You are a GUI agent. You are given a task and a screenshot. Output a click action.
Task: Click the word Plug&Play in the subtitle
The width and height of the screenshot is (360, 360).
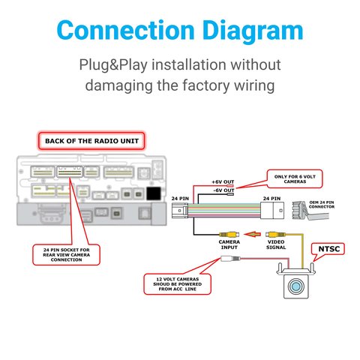click(113, 65)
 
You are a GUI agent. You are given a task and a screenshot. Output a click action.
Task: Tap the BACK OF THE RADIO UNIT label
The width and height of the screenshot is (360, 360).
click(91, 141)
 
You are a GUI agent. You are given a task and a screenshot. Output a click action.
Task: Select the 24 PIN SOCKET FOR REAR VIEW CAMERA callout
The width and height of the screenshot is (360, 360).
click(66, 255)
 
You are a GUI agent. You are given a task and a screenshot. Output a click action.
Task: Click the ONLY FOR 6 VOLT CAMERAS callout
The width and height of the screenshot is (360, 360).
click(295, 179)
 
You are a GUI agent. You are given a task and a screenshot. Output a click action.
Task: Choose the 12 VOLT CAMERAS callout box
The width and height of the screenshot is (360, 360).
click(177, 284)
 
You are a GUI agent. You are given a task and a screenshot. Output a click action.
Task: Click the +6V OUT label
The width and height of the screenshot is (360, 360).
click(223, 182)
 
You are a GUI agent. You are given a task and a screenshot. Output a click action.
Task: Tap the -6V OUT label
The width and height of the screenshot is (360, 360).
click(223, 190)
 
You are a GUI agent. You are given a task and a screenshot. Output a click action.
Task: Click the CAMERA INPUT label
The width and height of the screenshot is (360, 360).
click(229, 244)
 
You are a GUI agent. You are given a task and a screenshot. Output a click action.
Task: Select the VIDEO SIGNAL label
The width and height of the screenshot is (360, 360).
click(276, 244)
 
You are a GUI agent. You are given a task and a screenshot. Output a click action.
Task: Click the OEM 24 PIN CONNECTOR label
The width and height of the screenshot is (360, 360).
click(322, 205)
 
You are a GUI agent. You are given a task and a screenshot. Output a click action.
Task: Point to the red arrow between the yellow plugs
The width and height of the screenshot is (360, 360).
click(252, 235)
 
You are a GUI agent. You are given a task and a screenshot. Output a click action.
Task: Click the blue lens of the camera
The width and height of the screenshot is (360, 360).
click(296, 286)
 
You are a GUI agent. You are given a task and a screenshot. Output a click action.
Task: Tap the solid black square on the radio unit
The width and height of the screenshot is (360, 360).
click(154, 193)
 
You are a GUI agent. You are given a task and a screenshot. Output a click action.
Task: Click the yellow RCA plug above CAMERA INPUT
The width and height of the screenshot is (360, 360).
click(229, 234)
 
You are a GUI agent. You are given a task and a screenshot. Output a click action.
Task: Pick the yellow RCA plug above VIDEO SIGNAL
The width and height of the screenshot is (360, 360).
click(275, 235)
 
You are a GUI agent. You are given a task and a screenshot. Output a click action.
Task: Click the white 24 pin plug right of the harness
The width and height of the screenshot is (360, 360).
click(272, 211)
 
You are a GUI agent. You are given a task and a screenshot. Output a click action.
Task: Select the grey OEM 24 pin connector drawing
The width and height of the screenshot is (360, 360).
click(310, 211)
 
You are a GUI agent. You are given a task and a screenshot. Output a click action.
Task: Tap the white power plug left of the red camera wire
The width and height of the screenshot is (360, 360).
click(230, 259)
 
